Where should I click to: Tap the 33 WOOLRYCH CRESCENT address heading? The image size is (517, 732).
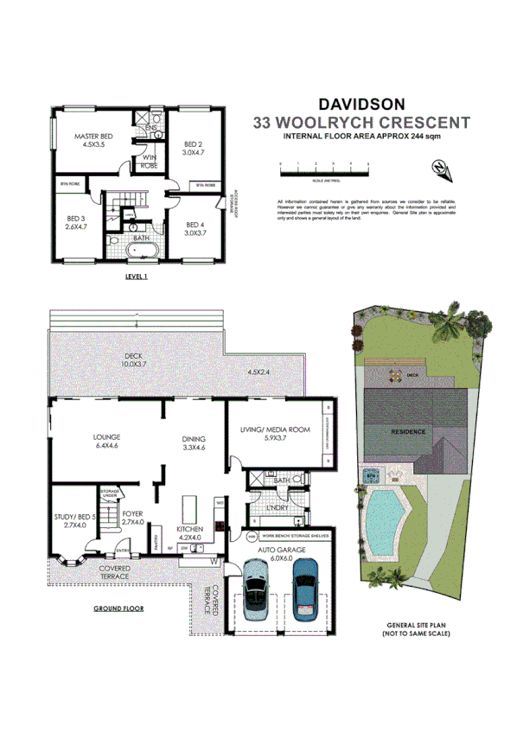tap(361, 123)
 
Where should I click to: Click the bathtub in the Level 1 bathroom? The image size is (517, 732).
tap(139, 251)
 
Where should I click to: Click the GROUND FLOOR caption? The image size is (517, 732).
tap(118, 608)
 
